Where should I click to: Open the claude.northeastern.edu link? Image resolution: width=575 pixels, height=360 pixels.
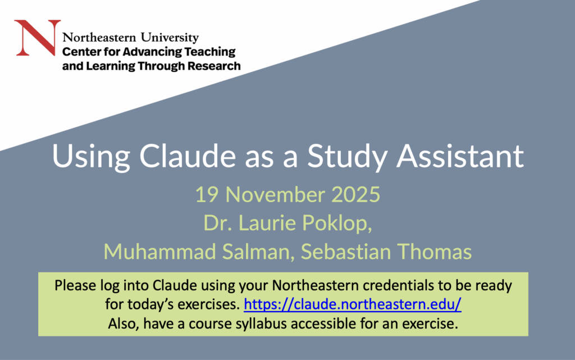(353, 305)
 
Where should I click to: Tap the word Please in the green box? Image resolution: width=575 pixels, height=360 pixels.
(72, 286)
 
